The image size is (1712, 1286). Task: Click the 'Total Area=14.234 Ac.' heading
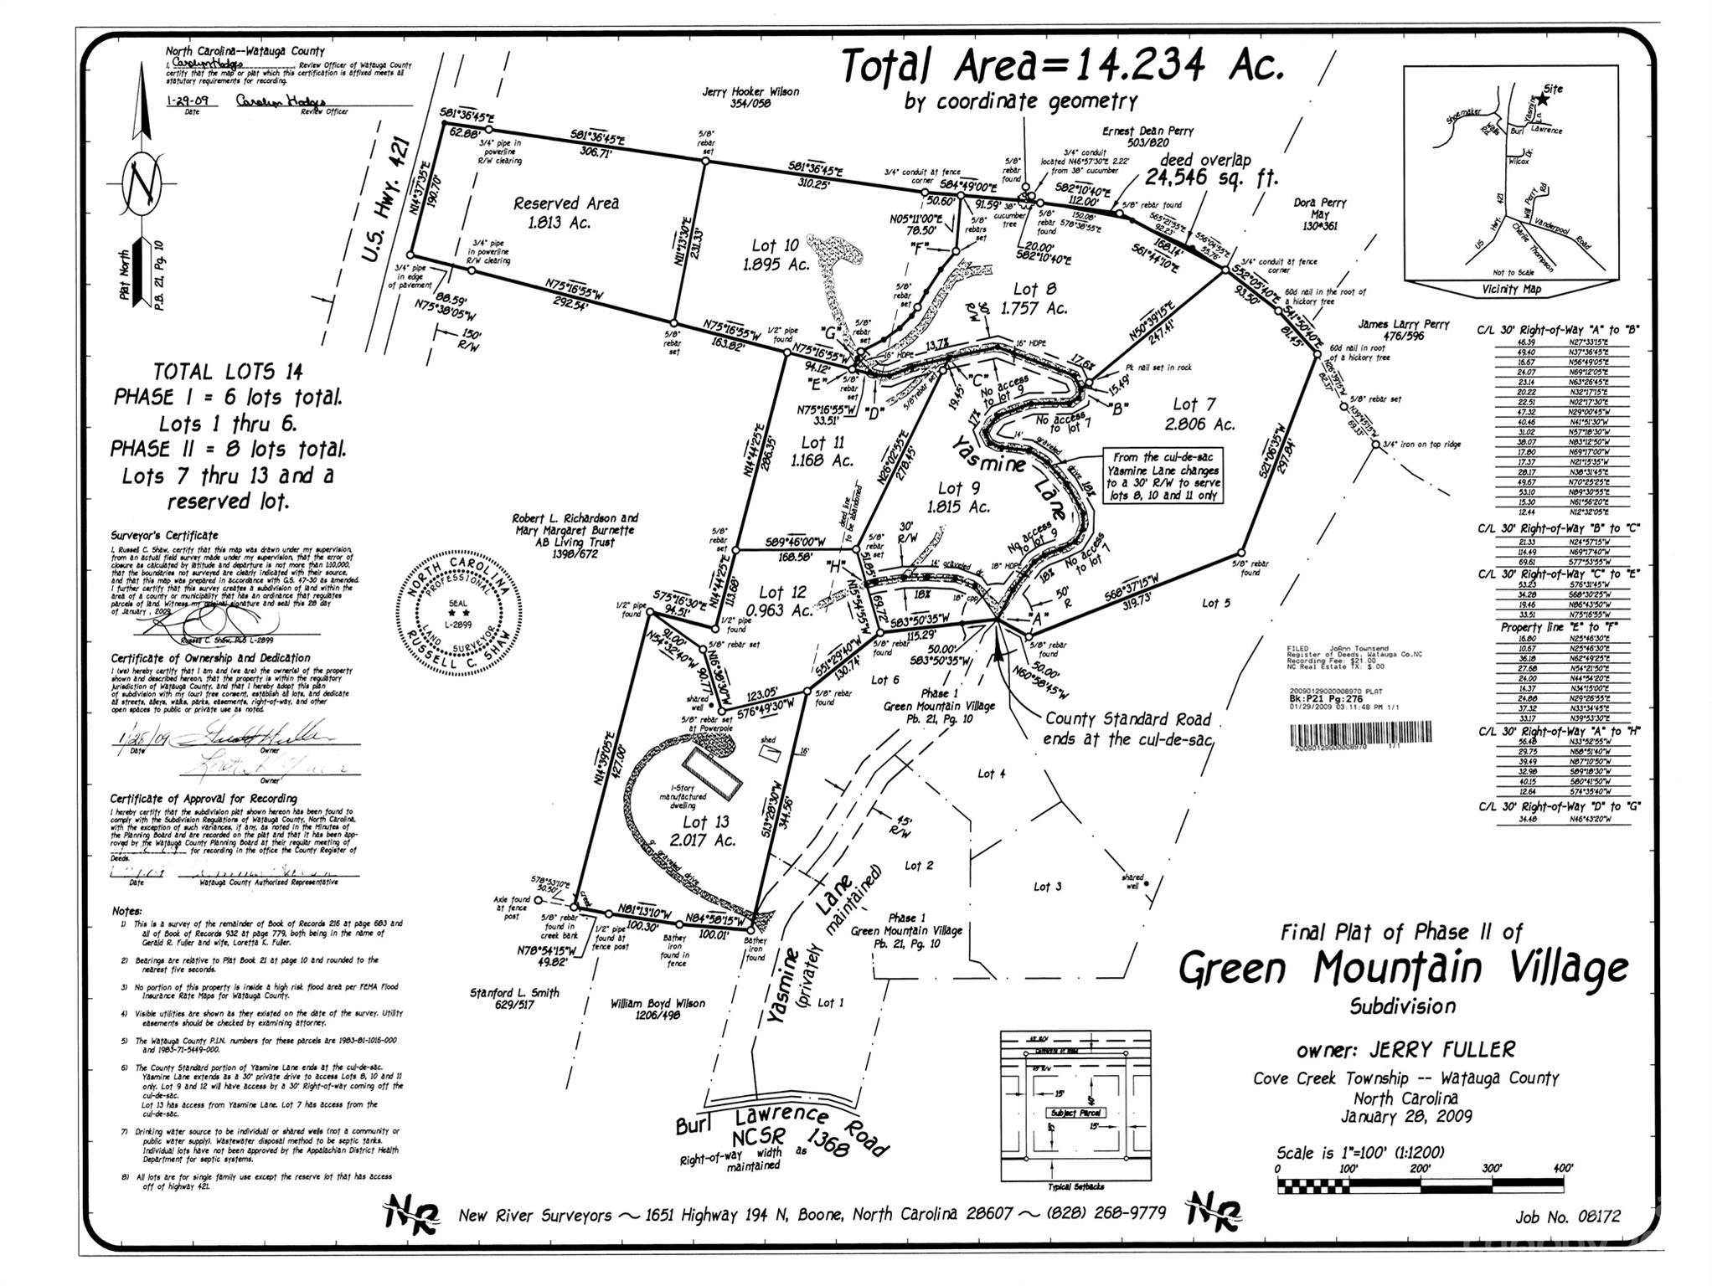[1061, 66]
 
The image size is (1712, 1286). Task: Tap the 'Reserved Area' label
[566, 203]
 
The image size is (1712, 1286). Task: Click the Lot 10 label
[775, 245]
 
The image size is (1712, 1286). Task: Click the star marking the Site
[1543, 99]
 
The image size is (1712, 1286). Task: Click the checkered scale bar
[1421, 1185]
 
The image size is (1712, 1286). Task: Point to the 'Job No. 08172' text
[1567, 1217]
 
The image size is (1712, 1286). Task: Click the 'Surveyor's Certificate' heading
[164, 535]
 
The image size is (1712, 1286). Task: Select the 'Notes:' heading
[127, 911]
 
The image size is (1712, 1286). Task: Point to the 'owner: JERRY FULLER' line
[1405, 1050]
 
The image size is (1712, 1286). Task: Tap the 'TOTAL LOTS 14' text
[228, 372]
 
